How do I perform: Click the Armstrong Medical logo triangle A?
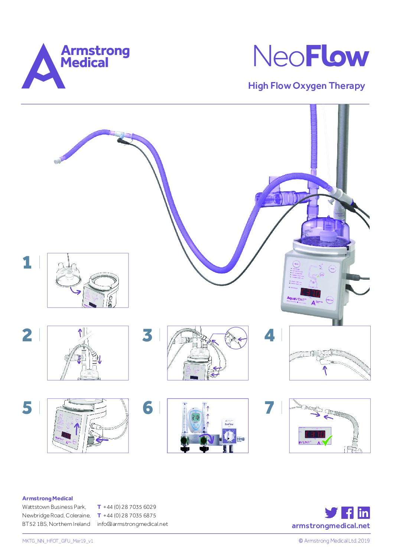[x=43, y=69]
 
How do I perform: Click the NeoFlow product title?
[x=311, y=56]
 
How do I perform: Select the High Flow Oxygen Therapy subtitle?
[x=306, y=86]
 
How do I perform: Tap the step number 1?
[x=27, y=263]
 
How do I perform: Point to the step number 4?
[x=269, y=335]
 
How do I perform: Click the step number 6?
[x=147, y=408]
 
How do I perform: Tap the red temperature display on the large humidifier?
[x=311, y=292]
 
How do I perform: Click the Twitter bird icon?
[x=331, y=513]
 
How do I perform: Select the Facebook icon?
[x=347, y=513]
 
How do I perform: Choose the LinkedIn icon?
[x=364, y=513]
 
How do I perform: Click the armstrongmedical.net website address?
[x=331, y=526]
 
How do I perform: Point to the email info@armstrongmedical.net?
[x=132, y=524]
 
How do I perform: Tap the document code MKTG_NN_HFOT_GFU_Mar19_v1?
[x=58, y=541]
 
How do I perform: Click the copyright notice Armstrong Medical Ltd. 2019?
[x=334, y=541]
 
